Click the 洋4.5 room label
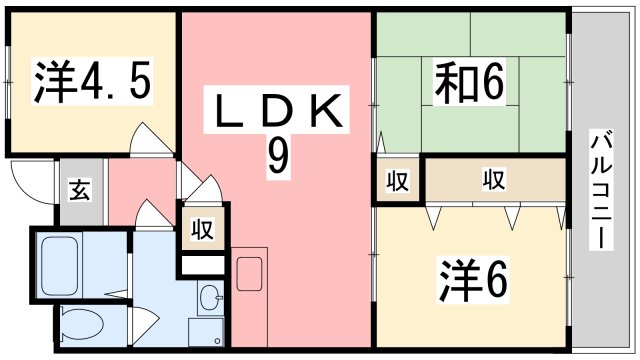tap(94, 83)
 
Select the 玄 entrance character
tap(79, 190)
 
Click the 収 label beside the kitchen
tap(203, 230)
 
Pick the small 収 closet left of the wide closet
tap(398, 182)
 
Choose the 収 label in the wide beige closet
tap(493, 181)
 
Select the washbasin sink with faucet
tap(209, 297)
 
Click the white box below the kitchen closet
tap(203, 266)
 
